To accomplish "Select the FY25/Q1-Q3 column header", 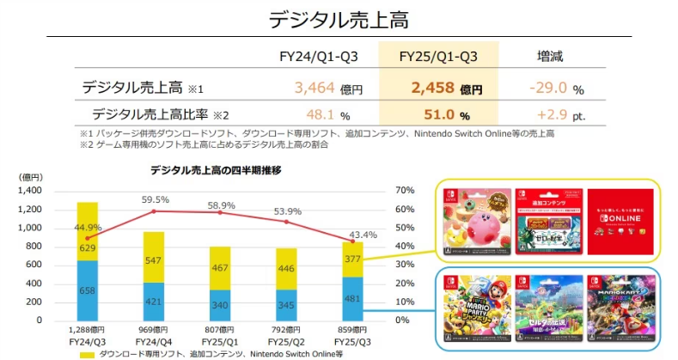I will [438, 57].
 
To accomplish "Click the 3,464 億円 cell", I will [327, 88].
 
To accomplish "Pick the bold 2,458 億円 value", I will [445, 88].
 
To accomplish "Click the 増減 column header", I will [550, 57].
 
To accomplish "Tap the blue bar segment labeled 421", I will [154, 301].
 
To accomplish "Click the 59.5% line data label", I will [154, 199].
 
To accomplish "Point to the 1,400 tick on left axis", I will [29, 190].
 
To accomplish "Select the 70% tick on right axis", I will [404, 190].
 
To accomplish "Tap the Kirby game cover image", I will [474, 220].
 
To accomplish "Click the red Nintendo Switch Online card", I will [620, 219].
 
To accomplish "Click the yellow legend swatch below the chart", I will [87, 353].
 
